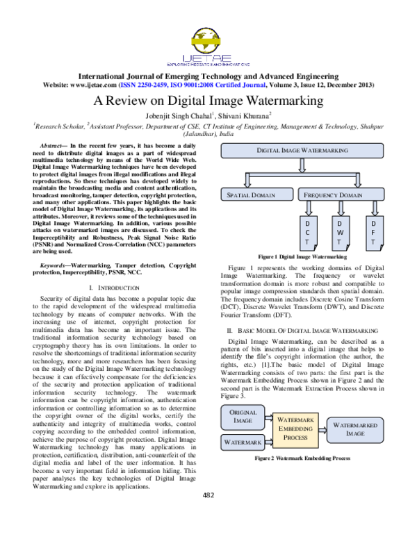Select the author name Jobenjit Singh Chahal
179,115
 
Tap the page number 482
208,514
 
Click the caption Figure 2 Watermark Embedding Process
302,459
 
